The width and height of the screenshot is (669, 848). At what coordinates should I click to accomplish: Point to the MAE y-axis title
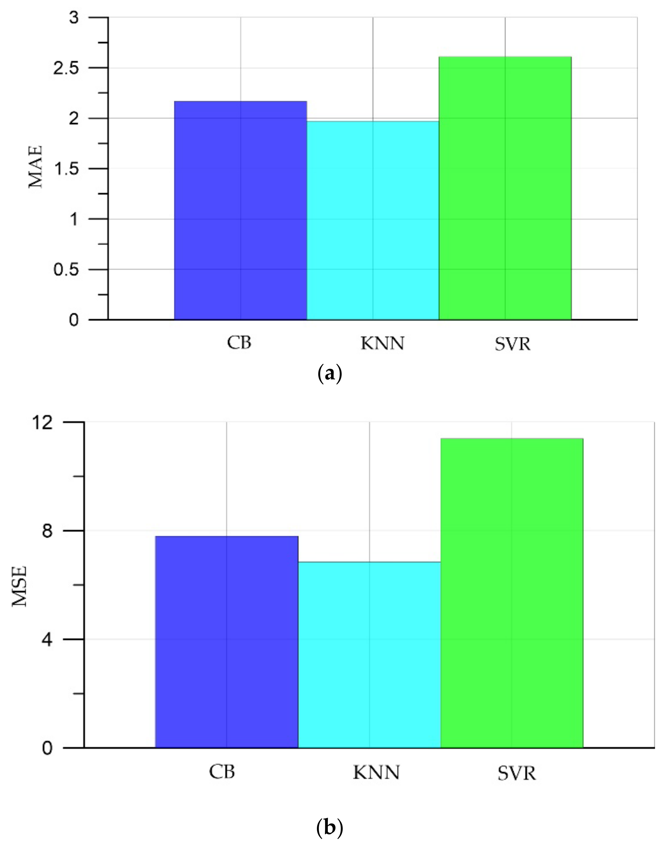pyautogui.click(x=36, y=167)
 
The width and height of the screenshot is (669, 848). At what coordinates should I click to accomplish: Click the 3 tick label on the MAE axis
pyautogui.click(x=74, y=18)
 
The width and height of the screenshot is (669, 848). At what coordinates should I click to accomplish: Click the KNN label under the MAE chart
pyautogui.click(x=382, y=343)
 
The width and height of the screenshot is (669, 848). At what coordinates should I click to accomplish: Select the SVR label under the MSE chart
pyautogui.click(x=516, y=773)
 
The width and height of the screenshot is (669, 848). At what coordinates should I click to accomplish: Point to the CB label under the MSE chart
pyautogui.click(x=222, y=772)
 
